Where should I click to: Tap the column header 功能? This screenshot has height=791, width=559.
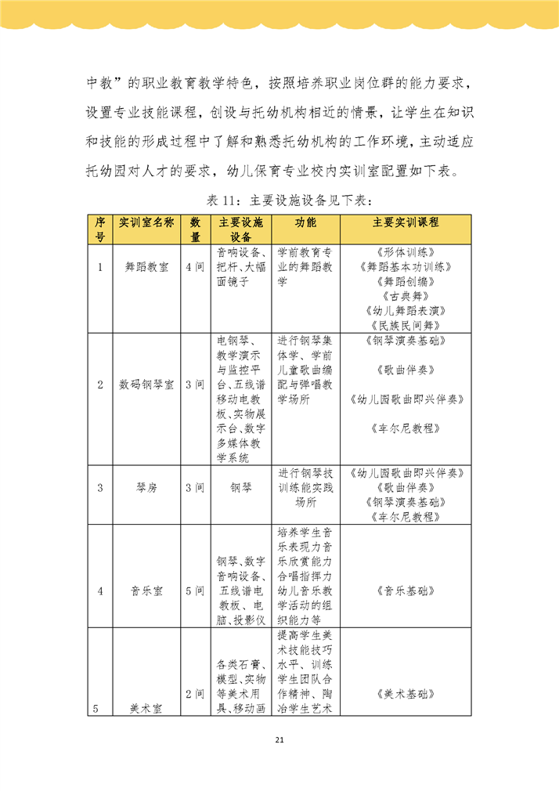coord(305,222)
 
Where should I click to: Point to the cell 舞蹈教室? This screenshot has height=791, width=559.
coord(146,267)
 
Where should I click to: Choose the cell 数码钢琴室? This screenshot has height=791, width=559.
coord(146,385)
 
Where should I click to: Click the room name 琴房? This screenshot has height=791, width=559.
coord(146,487)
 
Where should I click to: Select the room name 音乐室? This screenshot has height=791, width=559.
coord(146,591)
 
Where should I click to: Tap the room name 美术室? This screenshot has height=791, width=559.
coord(146,709)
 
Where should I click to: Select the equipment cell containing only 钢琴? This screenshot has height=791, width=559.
coord(241,487)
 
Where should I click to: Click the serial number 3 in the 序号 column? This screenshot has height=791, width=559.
coord(100,487)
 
